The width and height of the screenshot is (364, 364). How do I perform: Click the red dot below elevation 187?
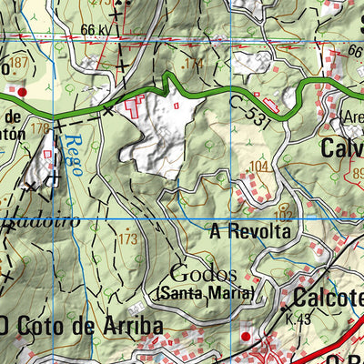pyautogui.click(x=23, y=92)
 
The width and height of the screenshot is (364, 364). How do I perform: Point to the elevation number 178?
pyautogui.click(x=39, y=129)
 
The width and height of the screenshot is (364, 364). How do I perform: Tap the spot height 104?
pyautogui.click(x=260, y=167)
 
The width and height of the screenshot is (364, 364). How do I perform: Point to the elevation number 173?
pyautogui.click(x=128, y=239)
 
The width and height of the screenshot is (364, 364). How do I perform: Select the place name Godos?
pyautogui.click(x=203, y=274)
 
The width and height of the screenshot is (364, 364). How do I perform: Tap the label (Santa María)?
pyautogui.click(x=204, y=293)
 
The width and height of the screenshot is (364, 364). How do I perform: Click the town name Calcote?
pyautogui.click(x=328, y=298)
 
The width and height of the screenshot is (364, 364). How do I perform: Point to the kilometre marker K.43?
pyautogui.click(x=297, y=319)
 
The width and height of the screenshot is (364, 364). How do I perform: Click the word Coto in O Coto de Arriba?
pyautogui.click(x=43, y=325)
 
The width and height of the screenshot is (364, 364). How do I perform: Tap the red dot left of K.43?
pyautogui.click(x=245, y=338)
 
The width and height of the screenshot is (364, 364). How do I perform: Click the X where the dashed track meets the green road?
pyautogui.click(x=108, y=110)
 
